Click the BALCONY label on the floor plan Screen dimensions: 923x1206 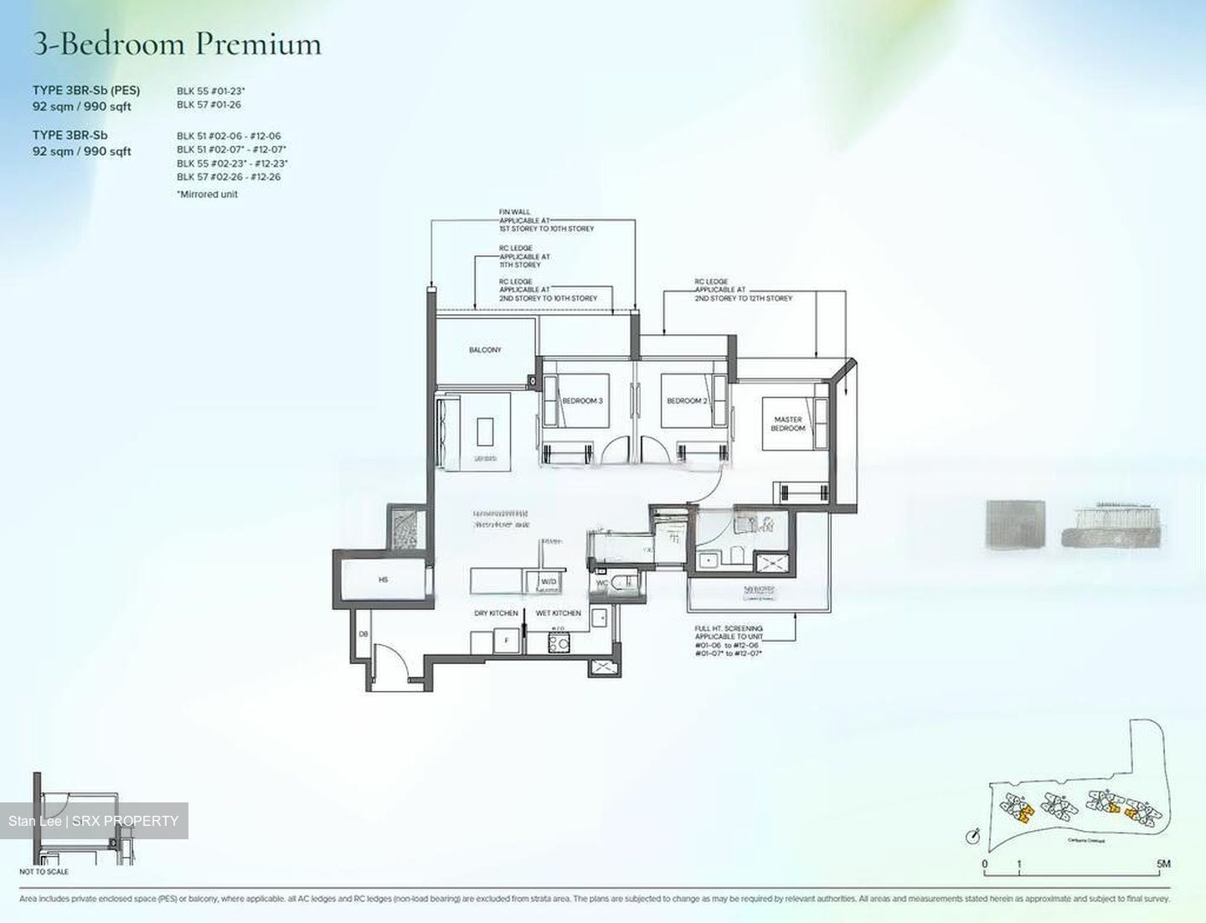tap(485, 350)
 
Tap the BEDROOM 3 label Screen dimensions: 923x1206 tap(582, 401)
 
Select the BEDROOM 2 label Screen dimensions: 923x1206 tap(687, 401)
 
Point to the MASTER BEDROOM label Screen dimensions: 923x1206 tap(788, 424)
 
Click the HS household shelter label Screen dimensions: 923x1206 tap(384, 580)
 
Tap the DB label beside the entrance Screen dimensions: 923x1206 tap(363, 635)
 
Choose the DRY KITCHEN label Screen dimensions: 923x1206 tap(496, 613)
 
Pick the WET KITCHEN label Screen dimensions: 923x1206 tap(558, 613)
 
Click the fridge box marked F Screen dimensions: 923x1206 tap(505, 642)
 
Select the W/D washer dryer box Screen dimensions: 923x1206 tap(549, 581)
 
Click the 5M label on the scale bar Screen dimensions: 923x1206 tap(1163, 864)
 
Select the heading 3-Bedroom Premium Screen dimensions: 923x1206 tap(177, 44)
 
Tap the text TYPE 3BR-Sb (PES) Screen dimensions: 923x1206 tap(86, 90)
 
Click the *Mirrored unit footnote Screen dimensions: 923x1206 tap(207, 194)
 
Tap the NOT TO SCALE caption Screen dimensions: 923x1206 tap(44, 872)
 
